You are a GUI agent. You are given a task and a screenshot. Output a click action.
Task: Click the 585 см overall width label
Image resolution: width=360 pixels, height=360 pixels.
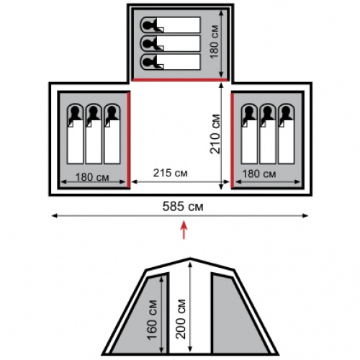point(183,206)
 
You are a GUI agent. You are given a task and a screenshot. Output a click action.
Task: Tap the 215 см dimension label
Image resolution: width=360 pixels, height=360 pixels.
point(170,173)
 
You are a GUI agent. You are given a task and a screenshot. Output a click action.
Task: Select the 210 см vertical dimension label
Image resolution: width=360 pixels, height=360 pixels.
point(215,134)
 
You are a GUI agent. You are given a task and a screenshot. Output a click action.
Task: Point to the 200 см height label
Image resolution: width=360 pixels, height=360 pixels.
point(181,319)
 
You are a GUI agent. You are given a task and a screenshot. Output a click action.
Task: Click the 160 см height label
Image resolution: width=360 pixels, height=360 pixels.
point(152,320)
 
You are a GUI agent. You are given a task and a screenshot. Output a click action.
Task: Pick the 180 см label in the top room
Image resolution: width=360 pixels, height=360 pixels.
point(215,42)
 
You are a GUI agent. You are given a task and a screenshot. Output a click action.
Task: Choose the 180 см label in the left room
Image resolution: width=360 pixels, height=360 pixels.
point(92,177)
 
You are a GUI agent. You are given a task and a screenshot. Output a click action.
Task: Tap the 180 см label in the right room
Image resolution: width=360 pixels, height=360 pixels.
point(259,174)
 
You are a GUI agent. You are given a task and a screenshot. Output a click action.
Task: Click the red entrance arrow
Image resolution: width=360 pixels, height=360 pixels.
point(184,230)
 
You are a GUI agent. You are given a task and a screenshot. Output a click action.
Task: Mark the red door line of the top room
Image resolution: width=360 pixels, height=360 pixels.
point(180,80)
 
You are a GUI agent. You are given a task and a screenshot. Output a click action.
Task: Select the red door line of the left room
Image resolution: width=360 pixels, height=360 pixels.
point(128,140)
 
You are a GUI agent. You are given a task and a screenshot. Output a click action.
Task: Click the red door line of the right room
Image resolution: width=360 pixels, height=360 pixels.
point(233,140)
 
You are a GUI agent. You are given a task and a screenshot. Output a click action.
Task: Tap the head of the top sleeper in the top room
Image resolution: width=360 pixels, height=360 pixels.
point(148,24)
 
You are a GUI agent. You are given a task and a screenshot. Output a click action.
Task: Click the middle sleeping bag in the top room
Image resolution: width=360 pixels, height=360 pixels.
point(170,43)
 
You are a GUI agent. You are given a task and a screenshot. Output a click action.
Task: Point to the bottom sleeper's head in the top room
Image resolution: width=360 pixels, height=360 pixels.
point(148,62)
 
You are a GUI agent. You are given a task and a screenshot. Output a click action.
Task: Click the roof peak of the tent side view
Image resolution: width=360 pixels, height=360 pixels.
point(190,258)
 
